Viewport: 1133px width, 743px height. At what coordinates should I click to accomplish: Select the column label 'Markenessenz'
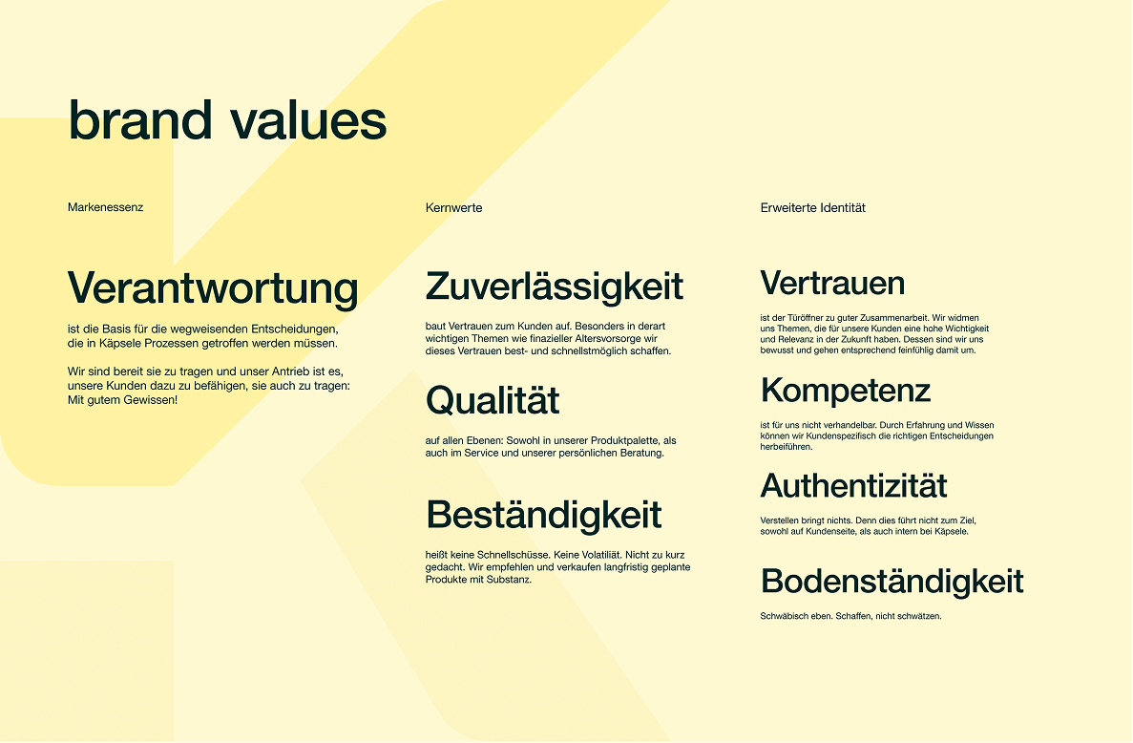[x=106, y=207]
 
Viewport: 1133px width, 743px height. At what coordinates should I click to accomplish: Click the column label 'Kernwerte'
[x=453, y=208]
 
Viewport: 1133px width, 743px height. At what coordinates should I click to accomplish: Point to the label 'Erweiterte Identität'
[x=813, y=208]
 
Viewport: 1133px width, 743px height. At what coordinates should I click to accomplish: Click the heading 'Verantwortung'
[x=213, y=288]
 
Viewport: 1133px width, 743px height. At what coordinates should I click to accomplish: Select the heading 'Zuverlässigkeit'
[x=555, y=287]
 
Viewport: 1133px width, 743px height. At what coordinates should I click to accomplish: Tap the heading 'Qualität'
[x=493, y=400]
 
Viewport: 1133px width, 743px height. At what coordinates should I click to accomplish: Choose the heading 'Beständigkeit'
[x=543, y=515]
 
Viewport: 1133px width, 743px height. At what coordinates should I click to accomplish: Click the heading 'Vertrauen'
[x=832, y=283]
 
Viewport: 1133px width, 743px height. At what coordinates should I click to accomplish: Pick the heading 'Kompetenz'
[x=846, y=391]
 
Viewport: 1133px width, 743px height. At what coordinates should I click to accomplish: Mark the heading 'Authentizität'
[x=853, y=486]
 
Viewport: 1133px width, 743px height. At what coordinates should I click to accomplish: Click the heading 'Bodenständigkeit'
[x=892, y=582]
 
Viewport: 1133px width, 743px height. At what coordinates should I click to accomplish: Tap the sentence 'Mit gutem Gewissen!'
[x=123, y=400]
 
